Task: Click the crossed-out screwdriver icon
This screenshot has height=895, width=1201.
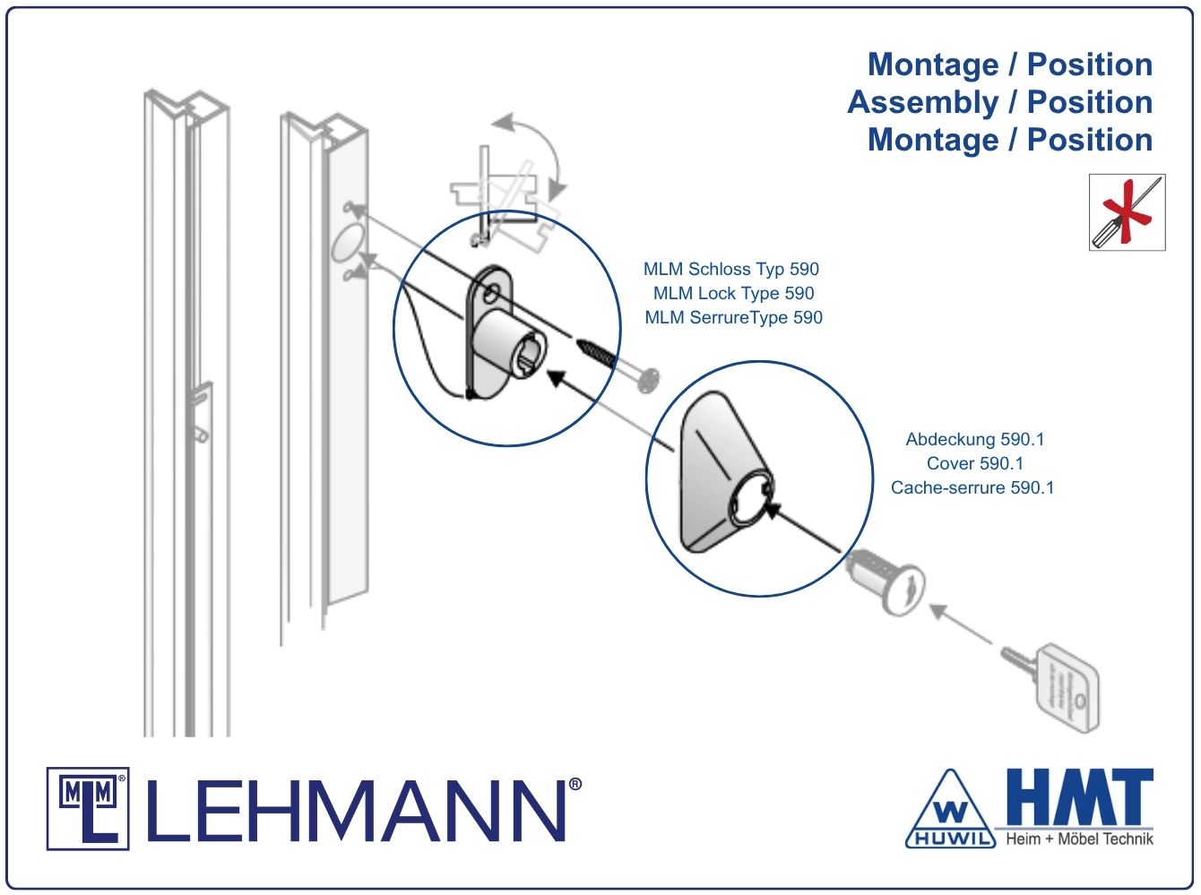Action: [1127, 212]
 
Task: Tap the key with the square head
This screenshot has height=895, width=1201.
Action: [1050, 685]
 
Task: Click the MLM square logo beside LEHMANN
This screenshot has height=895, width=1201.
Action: [88, 808]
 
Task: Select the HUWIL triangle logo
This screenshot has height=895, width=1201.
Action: [951, 809]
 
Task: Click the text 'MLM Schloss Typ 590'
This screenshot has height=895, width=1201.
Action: [731, 269]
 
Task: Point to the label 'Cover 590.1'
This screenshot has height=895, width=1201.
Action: [974, 463]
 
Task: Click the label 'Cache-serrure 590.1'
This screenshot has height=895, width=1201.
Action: [972, 487]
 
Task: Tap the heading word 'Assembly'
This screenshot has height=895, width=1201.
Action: [923, 102]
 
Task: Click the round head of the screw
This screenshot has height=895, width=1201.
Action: [649, 380]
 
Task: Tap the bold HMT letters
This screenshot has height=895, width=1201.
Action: [1080, 797]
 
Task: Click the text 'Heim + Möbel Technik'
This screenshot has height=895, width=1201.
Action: [1079, 839]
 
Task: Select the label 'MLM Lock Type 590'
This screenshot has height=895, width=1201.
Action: [733, 293]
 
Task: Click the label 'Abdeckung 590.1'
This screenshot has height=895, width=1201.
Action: [975, 439]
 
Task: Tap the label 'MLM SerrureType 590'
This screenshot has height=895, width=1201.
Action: [733, 317]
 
